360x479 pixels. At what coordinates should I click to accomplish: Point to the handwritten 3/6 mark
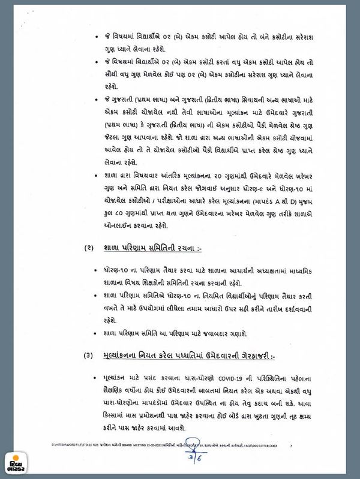pyautogui.click(x=179, y=457)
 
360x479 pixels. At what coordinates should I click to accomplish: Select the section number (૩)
pyautogui.click(x=88, y=355)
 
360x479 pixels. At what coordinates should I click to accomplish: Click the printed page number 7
pyautogui.click(x=290, y=445)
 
